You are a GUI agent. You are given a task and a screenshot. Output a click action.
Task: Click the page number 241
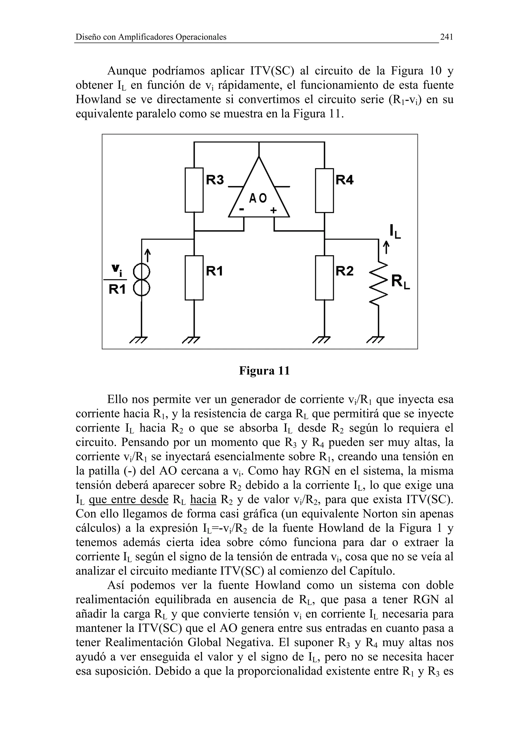[x=447, y=37]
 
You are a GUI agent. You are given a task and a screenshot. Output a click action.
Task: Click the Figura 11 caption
[x=264, y=371]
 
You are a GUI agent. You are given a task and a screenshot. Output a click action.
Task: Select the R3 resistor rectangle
[x=194, y=190]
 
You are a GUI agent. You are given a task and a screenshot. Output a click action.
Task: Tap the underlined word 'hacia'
[x=203, y=499]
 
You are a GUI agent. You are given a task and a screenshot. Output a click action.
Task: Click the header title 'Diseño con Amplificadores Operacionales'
[x=151, y=37]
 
